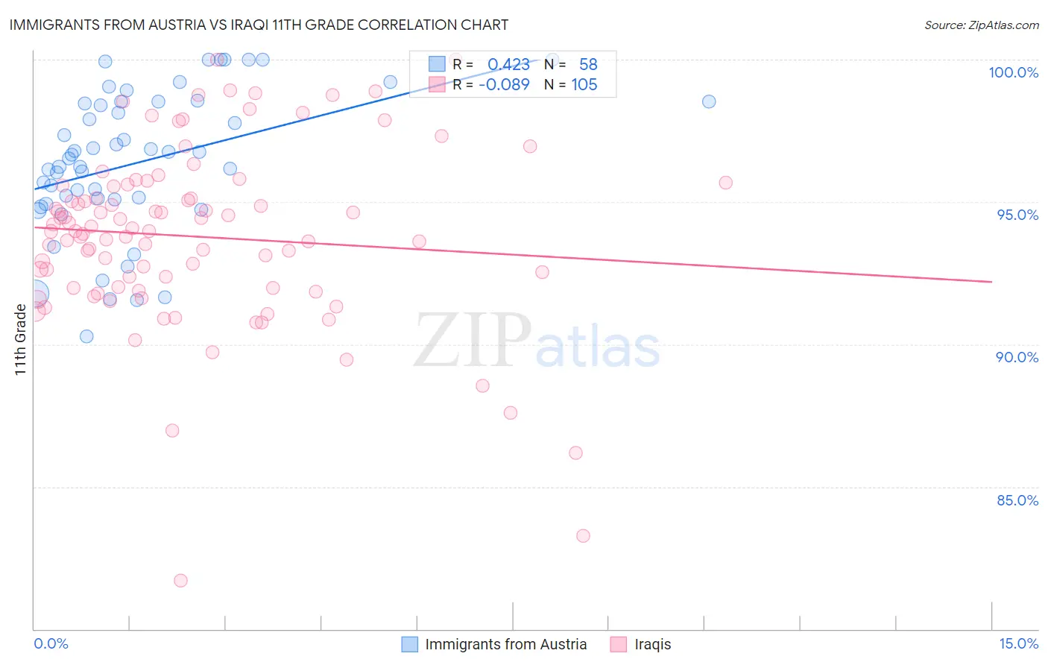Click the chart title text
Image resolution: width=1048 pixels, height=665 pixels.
tap(259, 25)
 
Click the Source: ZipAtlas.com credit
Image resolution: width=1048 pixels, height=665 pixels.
tap(981, 25)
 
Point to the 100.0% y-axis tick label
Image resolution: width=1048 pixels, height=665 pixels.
tap(1013, 72)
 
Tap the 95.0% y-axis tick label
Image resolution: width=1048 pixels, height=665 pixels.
tap(1017, 215)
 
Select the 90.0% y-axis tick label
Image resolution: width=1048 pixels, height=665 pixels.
tap(1017, 357)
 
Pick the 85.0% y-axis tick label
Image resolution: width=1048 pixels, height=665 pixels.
tap(1017, 500)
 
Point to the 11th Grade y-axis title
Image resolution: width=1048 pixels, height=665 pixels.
tap(21, 339)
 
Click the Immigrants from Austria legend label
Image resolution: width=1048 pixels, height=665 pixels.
tap(505, 645)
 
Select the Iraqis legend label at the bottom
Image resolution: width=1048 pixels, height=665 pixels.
tap(652, 645)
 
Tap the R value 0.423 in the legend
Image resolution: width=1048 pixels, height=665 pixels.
tap(508, 65)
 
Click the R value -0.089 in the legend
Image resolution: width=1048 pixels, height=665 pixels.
tap(504, 85)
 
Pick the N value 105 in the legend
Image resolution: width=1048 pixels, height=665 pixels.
tap(584, 85)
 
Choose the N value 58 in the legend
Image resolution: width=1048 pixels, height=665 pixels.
tap(588, 65)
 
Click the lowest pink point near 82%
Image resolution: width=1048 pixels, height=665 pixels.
tap(180, 581)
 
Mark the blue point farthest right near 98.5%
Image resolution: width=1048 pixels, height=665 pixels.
tap(709, 101)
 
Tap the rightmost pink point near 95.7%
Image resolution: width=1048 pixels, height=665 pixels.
tap(725, 183)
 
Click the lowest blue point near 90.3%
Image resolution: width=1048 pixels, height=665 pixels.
tap(86, 336)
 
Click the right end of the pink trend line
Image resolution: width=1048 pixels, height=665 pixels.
tap(991, 282)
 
